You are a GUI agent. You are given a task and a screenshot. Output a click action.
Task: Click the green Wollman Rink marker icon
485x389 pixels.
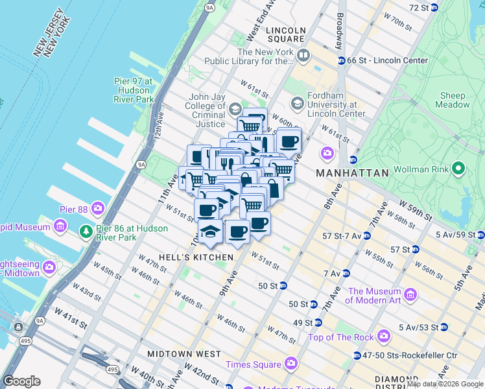[459, 169]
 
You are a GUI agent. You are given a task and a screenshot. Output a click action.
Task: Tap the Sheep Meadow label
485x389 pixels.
[453, 100]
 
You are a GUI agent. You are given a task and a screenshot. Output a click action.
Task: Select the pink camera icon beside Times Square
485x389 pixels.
[290, 364]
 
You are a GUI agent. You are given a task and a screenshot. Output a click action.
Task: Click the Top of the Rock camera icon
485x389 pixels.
[384, 336]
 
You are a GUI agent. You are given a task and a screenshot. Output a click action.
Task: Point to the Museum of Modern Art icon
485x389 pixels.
[410, 295]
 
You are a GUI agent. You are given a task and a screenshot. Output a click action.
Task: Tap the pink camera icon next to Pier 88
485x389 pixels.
[98, 209]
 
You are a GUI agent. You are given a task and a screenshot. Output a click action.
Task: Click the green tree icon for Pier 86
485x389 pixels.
[86, 231]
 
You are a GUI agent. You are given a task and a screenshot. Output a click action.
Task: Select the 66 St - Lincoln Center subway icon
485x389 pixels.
[340, 60]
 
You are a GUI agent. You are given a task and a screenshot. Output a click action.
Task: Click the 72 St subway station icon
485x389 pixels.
[434, 7]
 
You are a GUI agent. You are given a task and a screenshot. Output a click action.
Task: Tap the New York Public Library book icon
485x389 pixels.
[303, 56]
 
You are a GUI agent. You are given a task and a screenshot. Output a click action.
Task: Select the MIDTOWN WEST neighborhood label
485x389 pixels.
[183, 354]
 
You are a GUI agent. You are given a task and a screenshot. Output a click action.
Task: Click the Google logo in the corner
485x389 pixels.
[21, 381]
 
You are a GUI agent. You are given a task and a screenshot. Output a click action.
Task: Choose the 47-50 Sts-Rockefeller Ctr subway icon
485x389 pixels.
[357, 355]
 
